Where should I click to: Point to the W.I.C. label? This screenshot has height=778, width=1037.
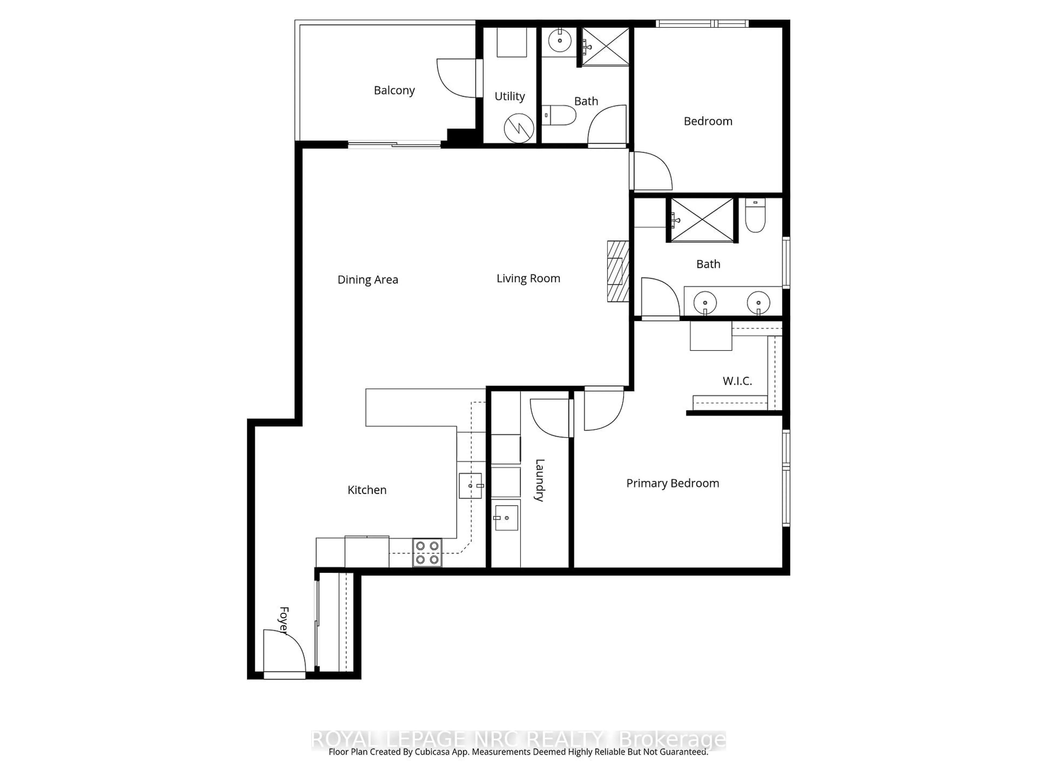coord(737,381)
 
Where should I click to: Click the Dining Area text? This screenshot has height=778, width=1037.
coord(368,280)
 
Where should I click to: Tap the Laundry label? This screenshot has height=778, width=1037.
coord(540,480)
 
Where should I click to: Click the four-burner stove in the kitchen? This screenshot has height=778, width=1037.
coord(427,552)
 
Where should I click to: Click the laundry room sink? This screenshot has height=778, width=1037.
coord(506,518)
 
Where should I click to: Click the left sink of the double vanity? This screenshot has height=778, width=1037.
coord(705,303)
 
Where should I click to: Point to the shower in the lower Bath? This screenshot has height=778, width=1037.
coord(702,220)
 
